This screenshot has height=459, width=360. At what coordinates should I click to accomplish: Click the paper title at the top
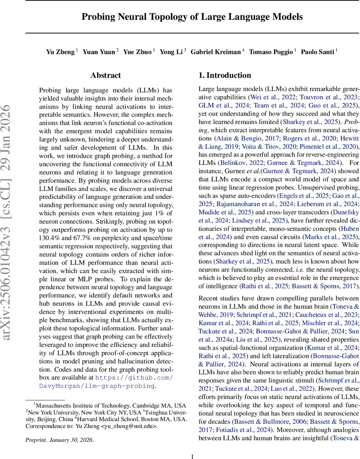click(192, 17)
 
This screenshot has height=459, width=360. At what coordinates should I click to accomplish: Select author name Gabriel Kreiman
click(216, 51)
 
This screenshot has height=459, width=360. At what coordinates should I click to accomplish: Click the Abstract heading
click(105, 75)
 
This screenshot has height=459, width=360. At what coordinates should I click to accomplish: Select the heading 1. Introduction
click(225, 75)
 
